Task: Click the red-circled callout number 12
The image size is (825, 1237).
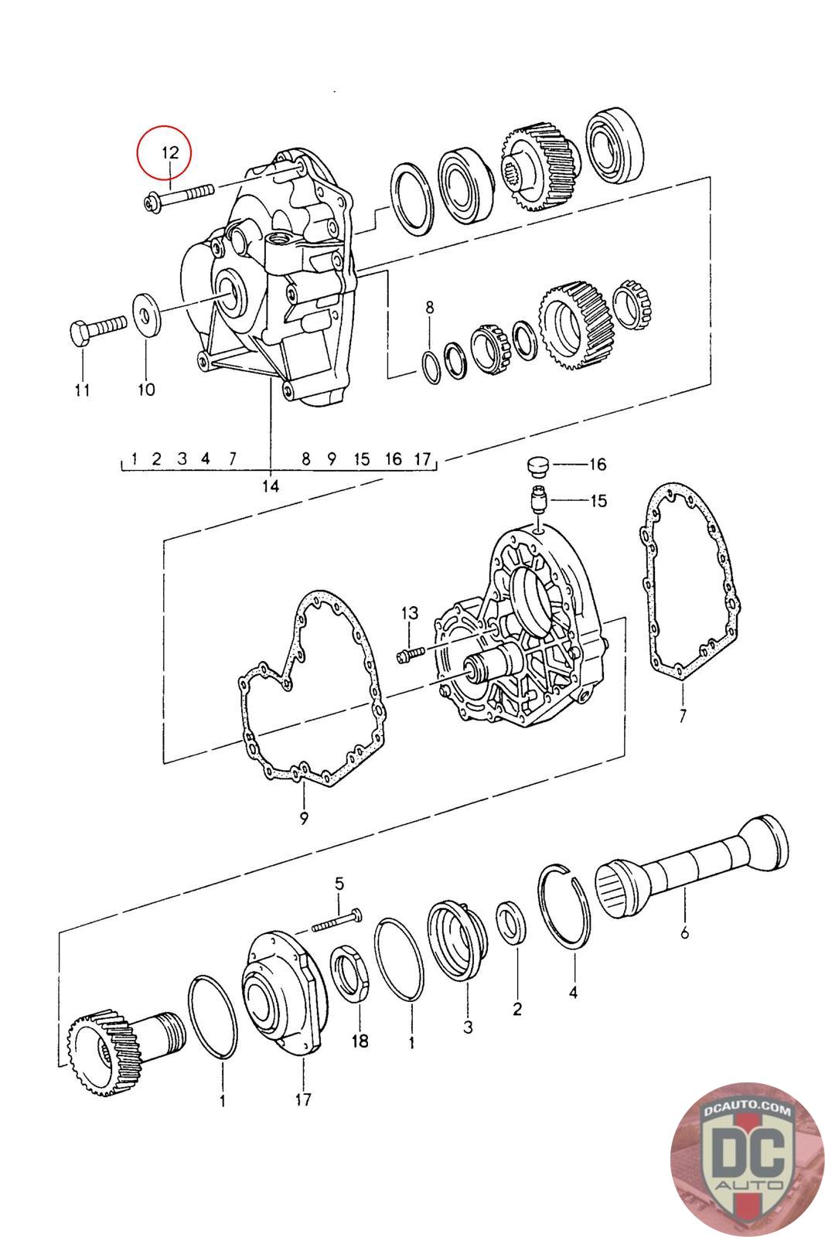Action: (x=170, y=152)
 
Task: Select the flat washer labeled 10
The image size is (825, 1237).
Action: (x=146, y=315)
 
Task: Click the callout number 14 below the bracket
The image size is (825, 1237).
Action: (x=271, y=486)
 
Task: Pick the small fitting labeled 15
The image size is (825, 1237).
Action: (x=538, y=500)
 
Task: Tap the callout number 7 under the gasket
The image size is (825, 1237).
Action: (x=683, y=716)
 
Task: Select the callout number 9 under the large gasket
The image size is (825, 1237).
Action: (x=304, y=818)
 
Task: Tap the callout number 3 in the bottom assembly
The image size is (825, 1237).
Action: (x=468, y=1027)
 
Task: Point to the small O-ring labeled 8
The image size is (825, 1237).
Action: (x=431, y=365)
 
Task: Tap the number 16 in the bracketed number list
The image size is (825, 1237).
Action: (x=394, y=458)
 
